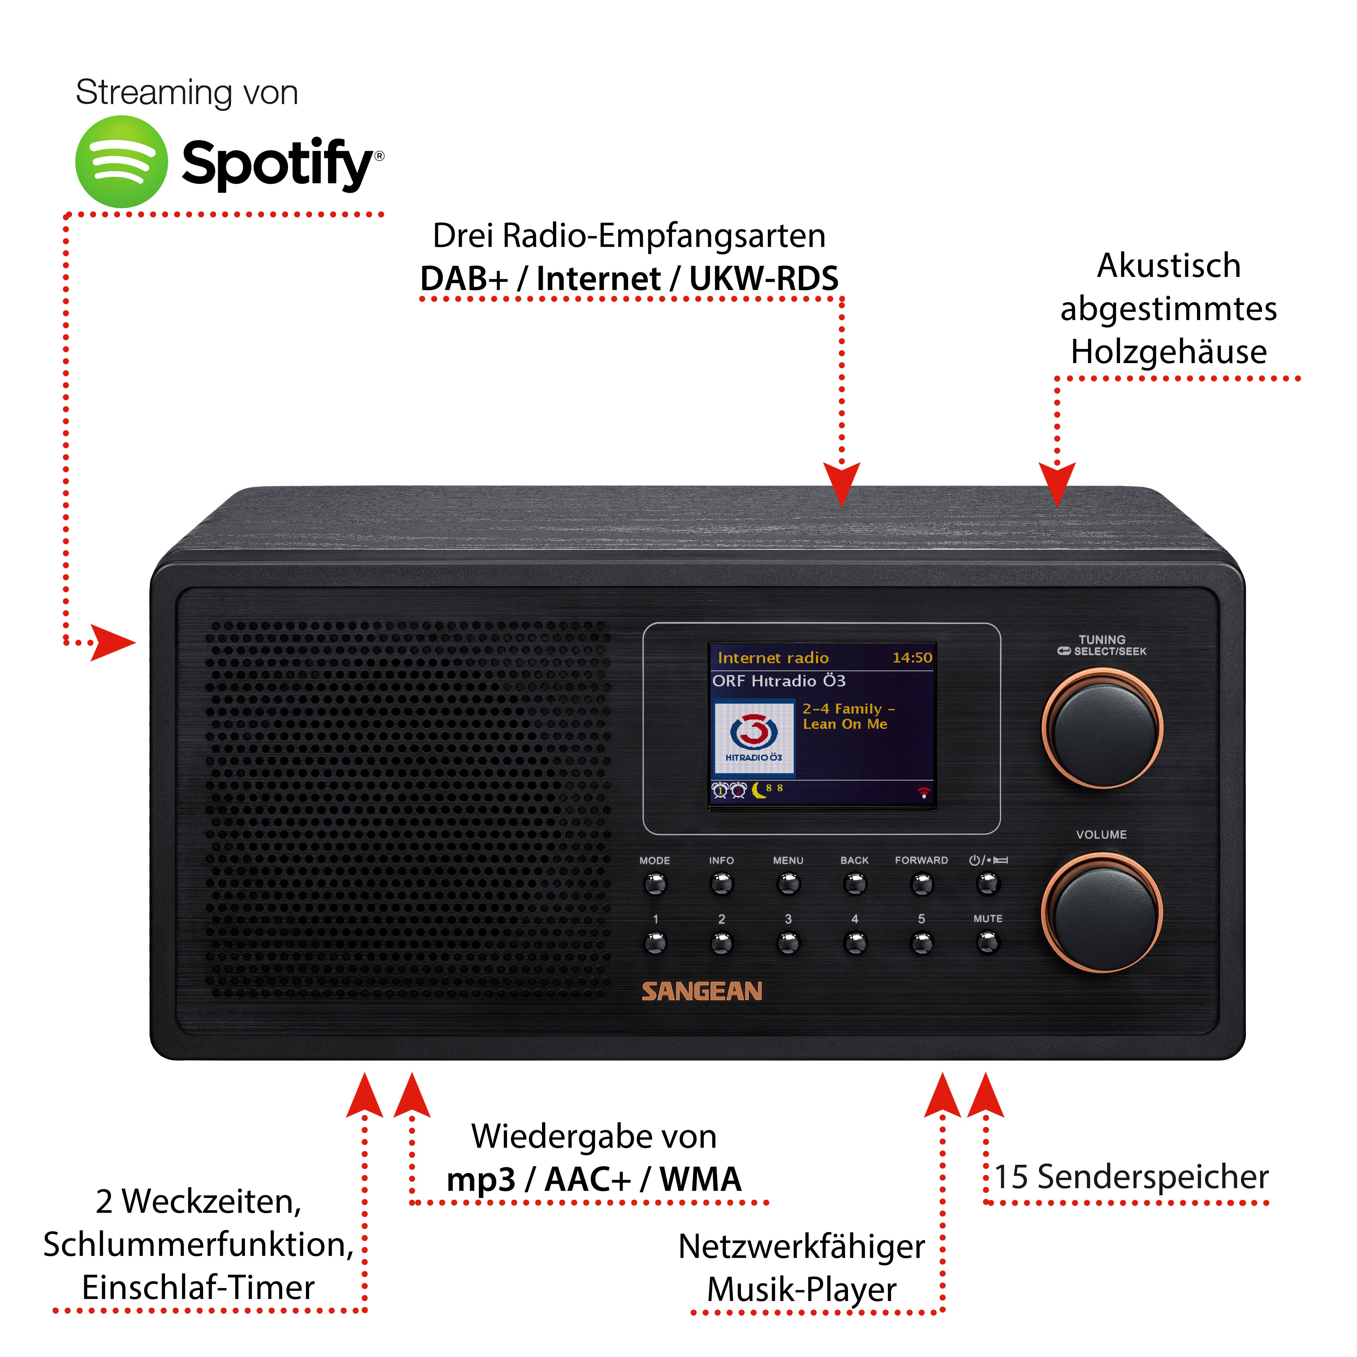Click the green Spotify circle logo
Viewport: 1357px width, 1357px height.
pos(122,161)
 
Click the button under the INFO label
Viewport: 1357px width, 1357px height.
pos(721,884)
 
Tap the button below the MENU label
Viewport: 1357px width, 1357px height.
pos(788,884)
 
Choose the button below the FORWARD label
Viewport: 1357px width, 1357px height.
pos(922,884)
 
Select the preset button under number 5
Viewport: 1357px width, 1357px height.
pos(922,942)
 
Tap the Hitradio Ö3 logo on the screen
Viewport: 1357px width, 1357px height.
pos(754,737)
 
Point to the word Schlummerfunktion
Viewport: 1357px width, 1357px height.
pos(198,1245)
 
